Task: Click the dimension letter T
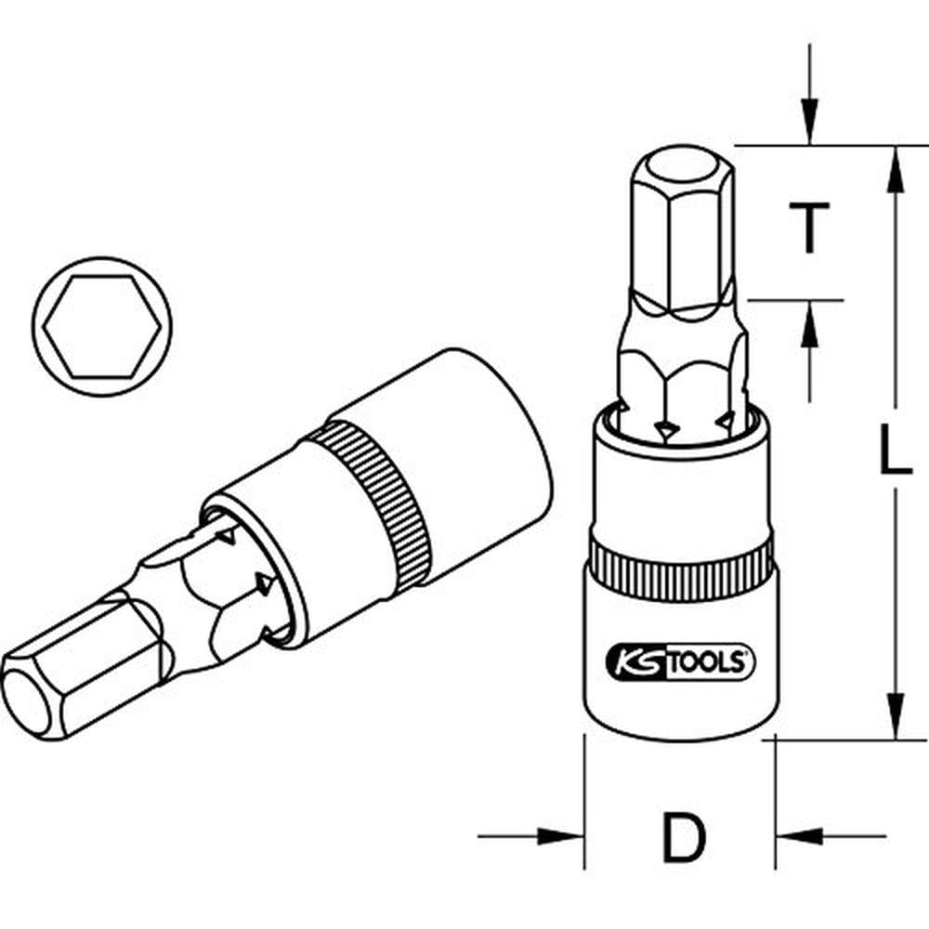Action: point(810,228)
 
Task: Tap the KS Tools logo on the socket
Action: point(681,662)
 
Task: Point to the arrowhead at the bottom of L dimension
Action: point(894,720)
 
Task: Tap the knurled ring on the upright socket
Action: point(681,561)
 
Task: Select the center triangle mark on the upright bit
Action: point(663,429)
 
